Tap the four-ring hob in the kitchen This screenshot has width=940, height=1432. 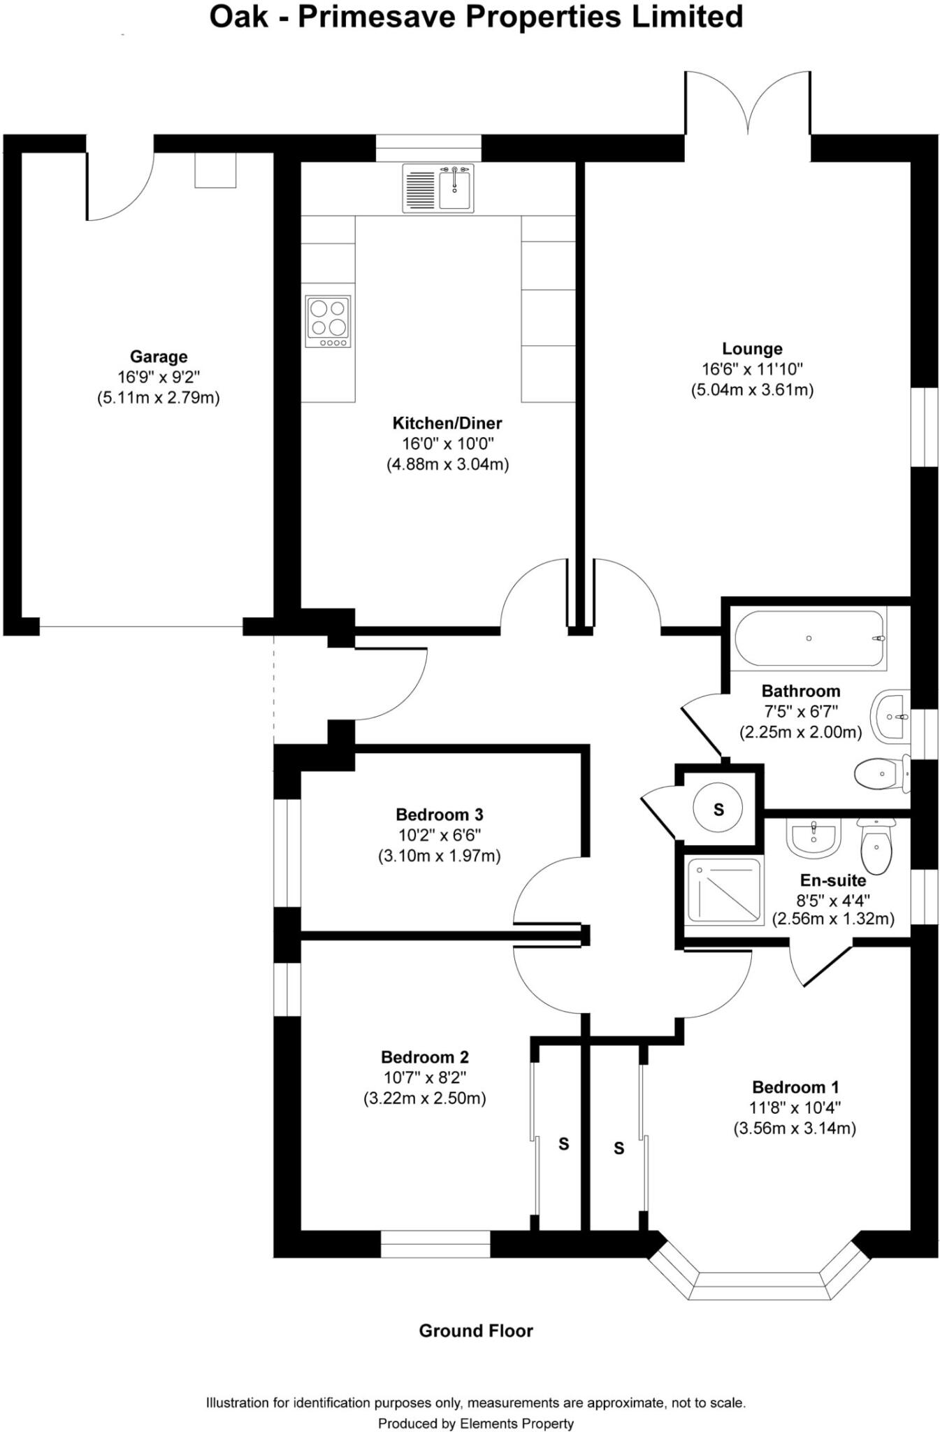(x=328, y=322)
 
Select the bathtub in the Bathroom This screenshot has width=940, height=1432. (x=809, y=638)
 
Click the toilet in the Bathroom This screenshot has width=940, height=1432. (x=881, y=774)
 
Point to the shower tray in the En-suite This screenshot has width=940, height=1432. (x=724, y=890)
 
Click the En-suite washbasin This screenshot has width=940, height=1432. (x=813, y=838)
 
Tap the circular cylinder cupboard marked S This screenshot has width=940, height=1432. (x=718, y=809)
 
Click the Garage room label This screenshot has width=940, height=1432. (x=159, y=357)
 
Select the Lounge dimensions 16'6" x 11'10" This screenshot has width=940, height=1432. (x=752, y=368)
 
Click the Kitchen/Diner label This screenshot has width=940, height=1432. (x=447, y=423)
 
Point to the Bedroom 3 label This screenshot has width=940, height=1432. (x=440, y=815)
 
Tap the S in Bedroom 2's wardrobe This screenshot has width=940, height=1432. (x=563, y=1145)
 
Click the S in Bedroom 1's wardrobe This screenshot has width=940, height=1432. (x=619, y=1148)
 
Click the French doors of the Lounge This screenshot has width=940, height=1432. (x=748, y=105)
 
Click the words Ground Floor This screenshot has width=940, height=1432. (x=476, y=1331)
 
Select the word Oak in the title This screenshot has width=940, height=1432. (x=238, y=17)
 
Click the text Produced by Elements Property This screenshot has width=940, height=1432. (x=476, y=1423)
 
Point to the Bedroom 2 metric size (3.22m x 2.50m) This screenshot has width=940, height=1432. (x=424, y=1098)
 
